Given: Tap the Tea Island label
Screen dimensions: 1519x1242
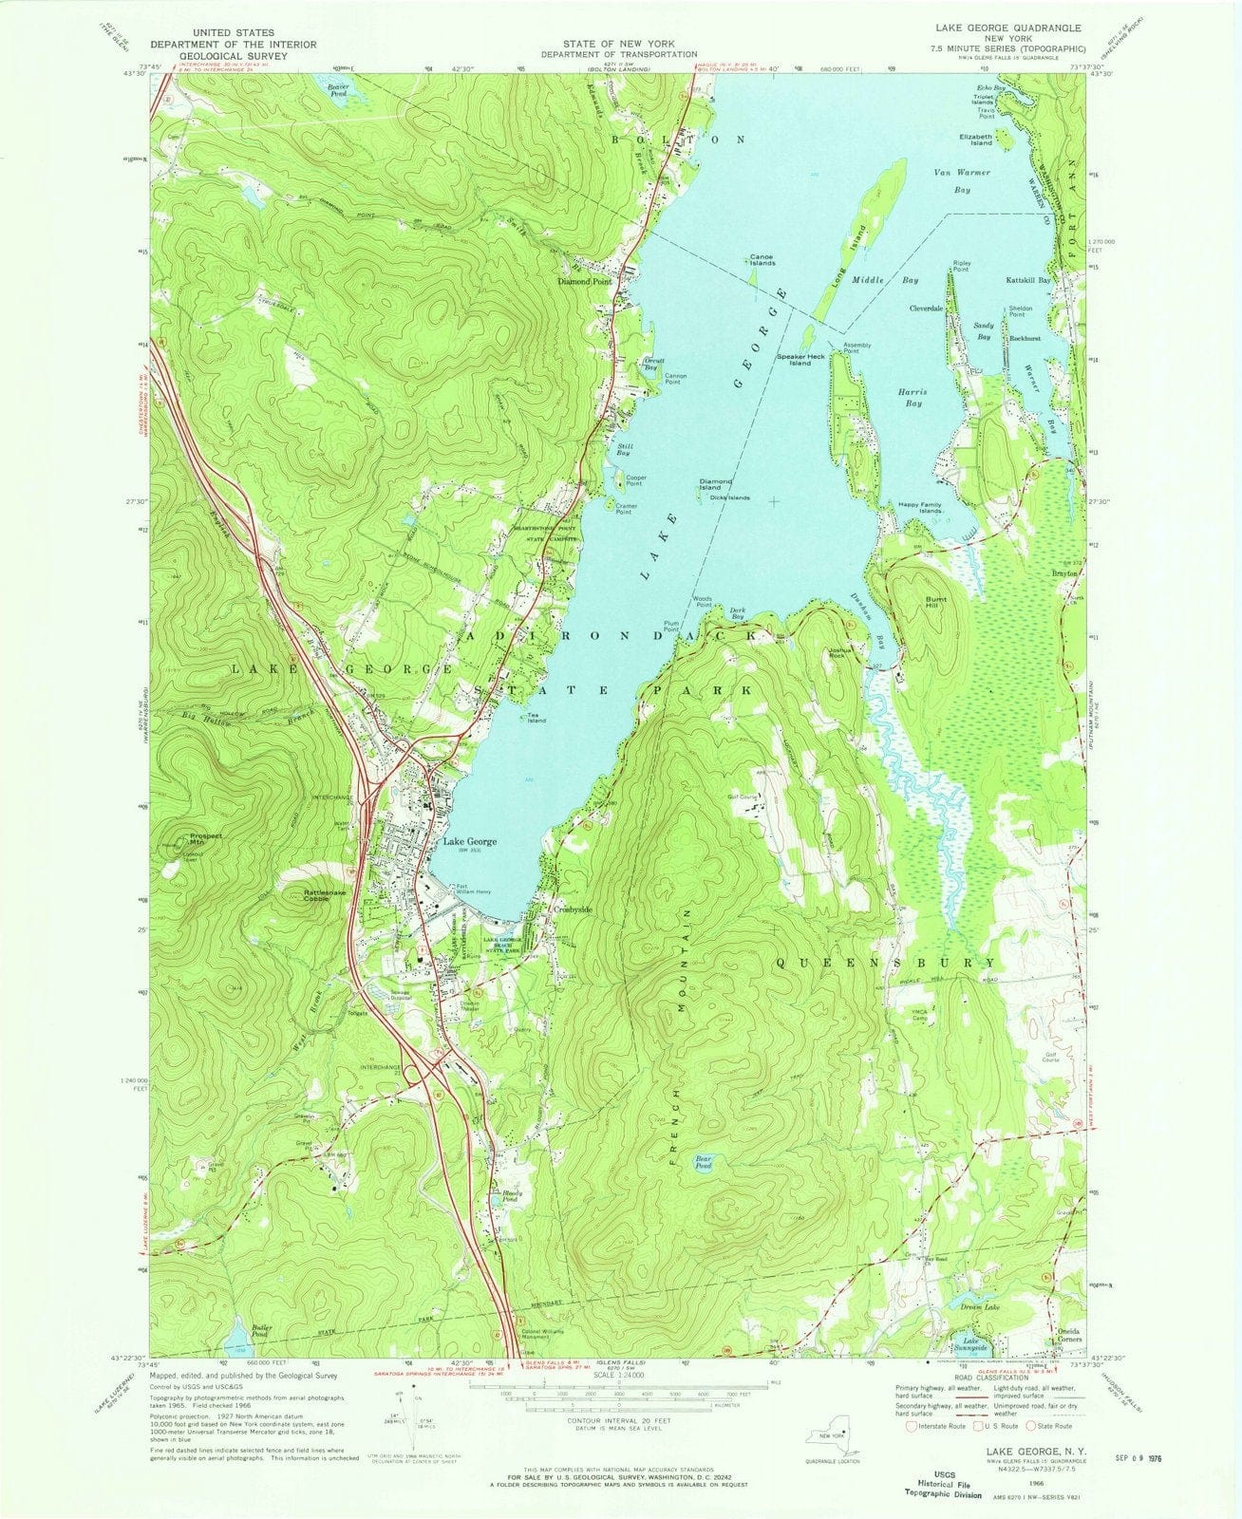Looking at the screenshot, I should [x=538, y=719].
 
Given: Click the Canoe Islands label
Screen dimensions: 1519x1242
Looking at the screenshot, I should [x=762, y=259].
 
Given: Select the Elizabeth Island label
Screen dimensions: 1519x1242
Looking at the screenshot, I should [x=975, y=139].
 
